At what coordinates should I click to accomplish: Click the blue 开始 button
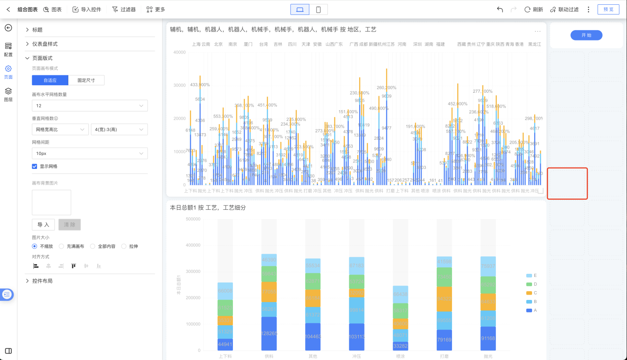click(586, 35)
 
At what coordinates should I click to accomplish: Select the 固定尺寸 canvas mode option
click(86, 80)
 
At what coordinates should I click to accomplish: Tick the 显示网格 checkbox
click(34, 166)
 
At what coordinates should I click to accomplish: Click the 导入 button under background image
click(43, 225)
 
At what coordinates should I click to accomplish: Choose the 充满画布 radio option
click(61, 246)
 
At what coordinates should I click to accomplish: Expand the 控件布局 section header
click(42, 281)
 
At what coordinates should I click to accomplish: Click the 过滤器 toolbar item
click(124, 9)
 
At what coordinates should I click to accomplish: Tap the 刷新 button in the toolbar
click(533, 9)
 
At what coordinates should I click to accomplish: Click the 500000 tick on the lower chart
click(193, 219)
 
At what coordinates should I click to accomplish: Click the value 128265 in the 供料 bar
click(269, 333)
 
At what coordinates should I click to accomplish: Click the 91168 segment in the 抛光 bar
click(487, 338)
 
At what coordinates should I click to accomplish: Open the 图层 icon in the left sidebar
click(8, 94)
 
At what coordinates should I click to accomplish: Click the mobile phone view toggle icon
click(318, 10)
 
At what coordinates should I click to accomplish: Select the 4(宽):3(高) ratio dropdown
click(119, 129)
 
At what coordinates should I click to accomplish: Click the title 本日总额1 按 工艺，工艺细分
click(208, 208)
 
